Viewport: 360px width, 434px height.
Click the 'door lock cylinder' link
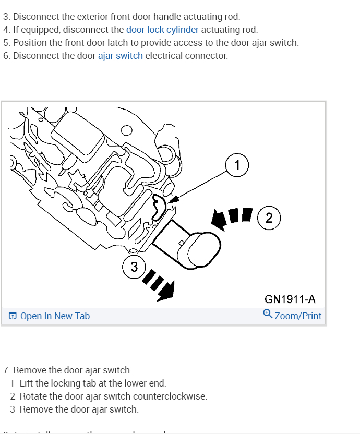click(162, 30)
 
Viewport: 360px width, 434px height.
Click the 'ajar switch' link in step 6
click(120, 56)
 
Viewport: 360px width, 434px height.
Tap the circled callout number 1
click(237, 166)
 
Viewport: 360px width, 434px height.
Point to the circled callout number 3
click(134, 267)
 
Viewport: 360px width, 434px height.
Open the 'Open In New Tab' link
click(55, 316)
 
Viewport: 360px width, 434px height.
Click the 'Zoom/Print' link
click(298, 316)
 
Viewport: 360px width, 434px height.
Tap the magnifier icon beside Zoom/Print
click(268, 314)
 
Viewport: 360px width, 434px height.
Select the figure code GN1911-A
click(290, 299)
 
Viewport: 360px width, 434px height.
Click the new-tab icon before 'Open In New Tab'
click(13, 316)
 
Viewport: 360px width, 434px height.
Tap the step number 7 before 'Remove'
click(6, 370)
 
